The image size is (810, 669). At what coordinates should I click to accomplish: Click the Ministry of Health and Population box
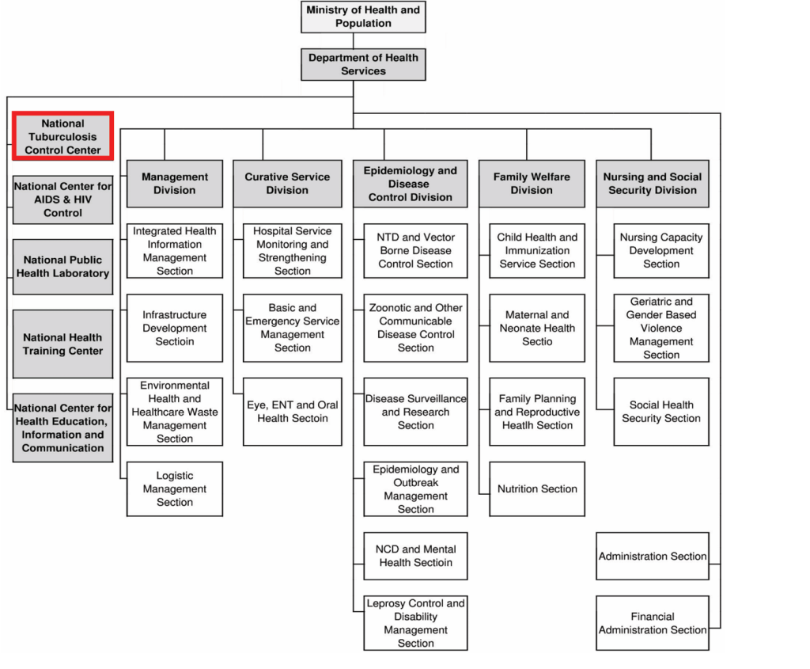tap(363, 17)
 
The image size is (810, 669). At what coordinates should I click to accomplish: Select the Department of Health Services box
tap(363, 64)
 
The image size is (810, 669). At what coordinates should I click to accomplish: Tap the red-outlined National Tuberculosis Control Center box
tap(62, 136)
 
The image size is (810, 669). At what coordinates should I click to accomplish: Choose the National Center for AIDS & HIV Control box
tap(62, 200)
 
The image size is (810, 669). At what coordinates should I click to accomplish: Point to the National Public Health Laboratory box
tap(62, 267)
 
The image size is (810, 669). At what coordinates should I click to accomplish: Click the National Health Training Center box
tap(62, 344)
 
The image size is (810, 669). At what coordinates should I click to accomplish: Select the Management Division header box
tap(175, 184)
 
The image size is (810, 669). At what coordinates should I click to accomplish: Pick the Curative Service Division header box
tap(287, 184)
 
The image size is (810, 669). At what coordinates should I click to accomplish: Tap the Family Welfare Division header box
tap(532, 184)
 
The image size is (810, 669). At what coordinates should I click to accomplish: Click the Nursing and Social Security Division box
tap(653, 184)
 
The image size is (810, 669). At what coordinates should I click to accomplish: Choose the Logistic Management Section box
tap(175, 488)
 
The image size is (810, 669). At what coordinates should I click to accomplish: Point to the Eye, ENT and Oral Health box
tap(293, 412)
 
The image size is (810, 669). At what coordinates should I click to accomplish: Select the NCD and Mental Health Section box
tap(415, 556)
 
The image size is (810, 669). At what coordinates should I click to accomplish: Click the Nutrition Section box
tap(537, 488)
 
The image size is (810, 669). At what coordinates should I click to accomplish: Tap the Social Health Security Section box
tap(661, 412)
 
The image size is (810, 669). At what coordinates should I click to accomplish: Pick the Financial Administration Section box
tap(653, 623)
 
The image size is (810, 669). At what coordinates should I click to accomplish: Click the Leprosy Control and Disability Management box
tap(415, 623)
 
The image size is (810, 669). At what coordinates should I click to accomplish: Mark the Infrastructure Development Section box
tap(175, 328)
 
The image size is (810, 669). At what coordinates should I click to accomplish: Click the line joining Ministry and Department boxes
tap(354, 41)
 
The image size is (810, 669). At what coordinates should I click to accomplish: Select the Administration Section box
tap(653, 556)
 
